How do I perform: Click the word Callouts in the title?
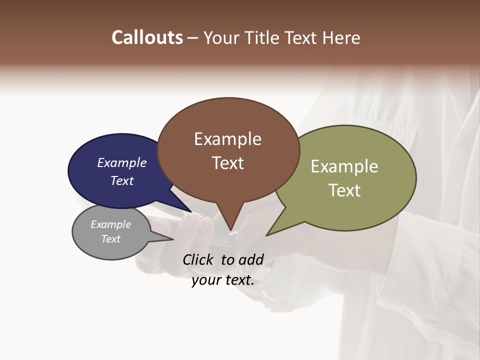[x=147, y=37]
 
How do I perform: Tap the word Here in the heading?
[x=341, y=38]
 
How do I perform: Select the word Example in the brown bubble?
[x=227, y=139]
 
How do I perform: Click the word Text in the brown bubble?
[x=227, y=163]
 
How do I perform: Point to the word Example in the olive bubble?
[x=344, y=166]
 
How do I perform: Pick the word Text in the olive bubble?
[x=344, y=190]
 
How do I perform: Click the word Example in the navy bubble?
[x=121, y=163]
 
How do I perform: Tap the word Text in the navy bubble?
[x=121, y=181]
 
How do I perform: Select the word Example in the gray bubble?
[x=110, y=224]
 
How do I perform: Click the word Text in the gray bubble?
[x=110, y=239]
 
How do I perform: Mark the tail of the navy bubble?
[x=190, y=211]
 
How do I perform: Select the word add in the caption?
[x=251, y=259]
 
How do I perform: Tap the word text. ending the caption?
[x=237, y=280]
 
